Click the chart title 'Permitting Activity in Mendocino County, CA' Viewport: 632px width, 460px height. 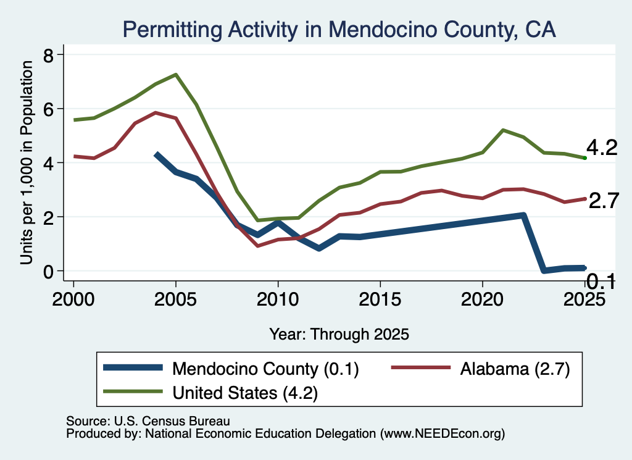coord(339,30)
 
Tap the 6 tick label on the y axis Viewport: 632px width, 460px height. coord(48,109)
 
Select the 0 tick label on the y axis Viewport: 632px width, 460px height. coord(48,271)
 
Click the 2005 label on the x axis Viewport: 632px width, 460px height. coord(176,299)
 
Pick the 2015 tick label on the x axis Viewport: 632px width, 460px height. coord(380,299)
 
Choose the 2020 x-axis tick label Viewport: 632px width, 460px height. coord(483,299)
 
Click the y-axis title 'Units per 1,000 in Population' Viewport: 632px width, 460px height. coord(27,162)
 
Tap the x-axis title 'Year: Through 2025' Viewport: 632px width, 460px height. coord(339,334)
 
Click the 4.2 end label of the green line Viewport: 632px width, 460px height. coord(602,148)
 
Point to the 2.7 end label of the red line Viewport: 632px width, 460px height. coord(604,201)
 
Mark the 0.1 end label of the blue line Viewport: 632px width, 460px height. coord(601,281)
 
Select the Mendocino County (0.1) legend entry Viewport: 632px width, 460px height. coord(231,368)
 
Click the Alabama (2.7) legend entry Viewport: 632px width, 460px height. coord(481,368)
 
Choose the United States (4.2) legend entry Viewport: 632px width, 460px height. coord(210,392)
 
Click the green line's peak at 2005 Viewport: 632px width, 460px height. coord(176,75)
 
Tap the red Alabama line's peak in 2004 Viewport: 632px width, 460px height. coord(156,113)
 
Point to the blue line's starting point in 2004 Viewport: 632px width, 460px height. coord(156,154)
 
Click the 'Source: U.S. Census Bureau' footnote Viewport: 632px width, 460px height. coord(148,421)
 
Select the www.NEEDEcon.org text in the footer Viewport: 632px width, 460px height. coord(442,434)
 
